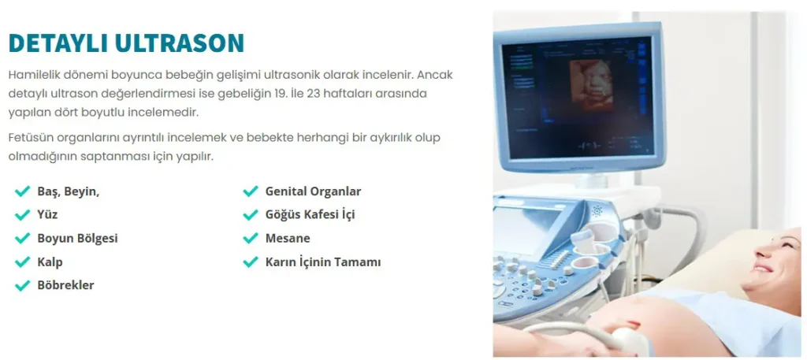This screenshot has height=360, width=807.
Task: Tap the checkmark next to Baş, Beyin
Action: [x=22, y=191]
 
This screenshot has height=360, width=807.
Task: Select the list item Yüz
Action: [x=47, y=214]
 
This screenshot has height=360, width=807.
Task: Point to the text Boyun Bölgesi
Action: [x=77, y=238]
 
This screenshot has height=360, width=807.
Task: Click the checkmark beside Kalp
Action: [x=22, y=262]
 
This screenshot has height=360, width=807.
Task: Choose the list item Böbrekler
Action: [x=65, y=285]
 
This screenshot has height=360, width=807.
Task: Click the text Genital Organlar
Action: [x=313, y=191]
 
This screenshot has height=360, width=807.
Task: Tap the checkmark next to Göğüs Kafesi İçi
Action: [x=251, y=214]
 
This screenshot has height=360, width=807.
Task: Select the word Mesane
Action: [x=288, y=238]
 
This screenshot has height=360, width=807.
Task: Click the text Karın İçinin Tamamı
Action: [x=323, y=262]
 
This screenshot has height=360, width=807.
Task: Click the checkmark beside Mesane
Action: [x=251, y=238]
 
